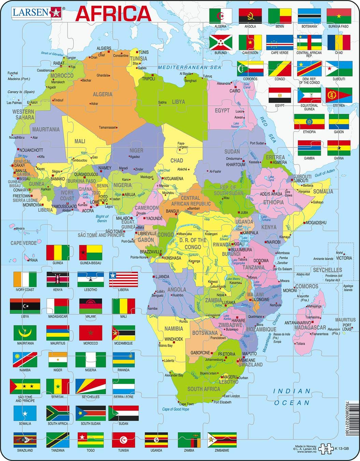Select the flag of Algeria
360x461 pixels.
point(221,16)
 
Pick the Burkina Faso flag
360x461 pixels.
point(339,16)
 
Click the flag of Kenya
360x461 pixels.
point(58,279)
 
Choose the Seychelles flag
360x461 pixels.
point(90,386)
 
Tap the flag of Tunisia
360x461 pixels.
point(124,440)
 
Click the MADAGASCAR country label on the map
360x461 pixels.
point(310,327)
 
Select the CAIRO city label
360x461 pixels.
point(235,91)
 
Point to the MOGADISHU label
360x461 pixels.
point(316,223)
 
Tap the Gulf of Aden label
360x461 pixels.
point(325,173)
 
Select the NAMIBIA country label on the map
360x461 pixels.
point(174,329)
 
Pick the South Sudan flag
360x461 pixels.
point(90,413)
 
